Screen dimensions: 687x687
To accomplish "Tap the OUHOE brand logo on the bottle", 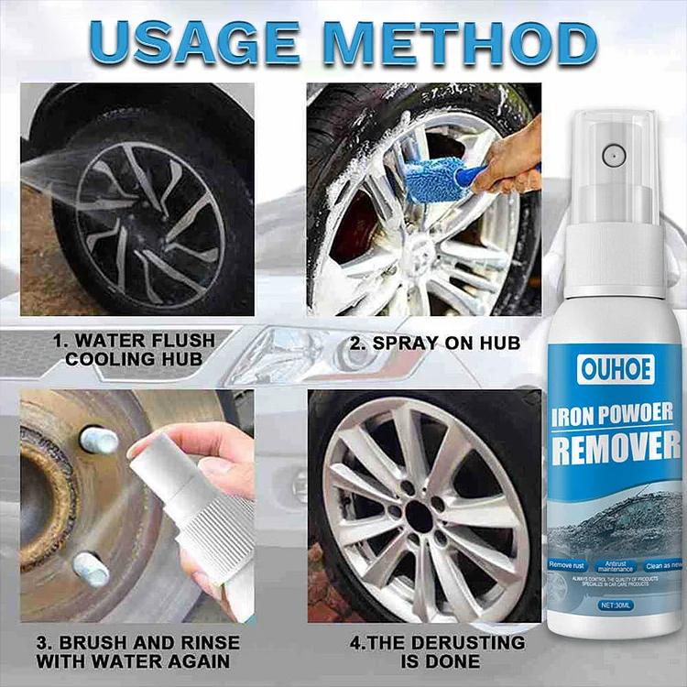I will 605,367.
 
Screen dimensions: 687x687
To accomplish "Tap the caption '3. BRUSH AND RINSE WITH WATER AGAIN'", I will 137,651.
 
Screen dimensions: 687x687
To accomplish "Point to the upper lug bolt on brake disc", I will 99,440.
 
